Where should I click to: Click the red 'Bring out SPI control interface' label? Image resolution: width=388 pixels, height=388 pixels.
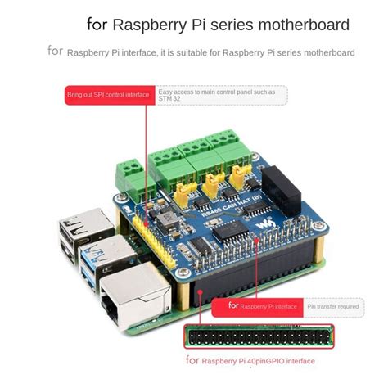coord(109,95)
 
